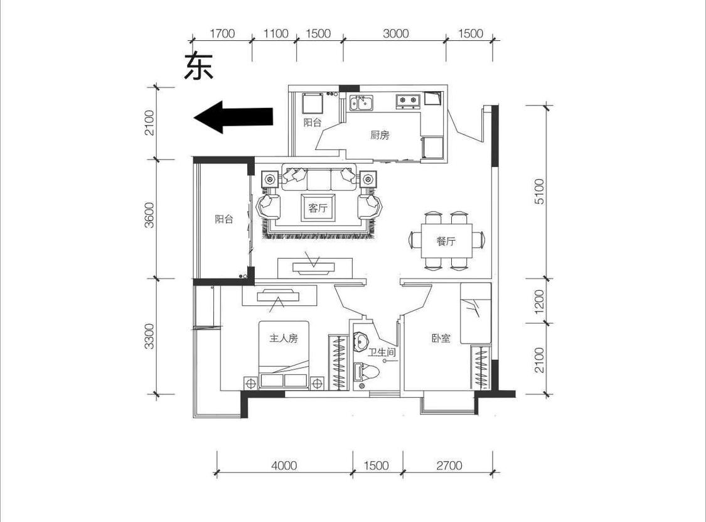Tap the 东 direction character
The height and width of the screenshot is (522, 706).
[198, 66]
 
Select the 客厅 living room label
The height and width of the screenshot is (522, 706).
[318, 208]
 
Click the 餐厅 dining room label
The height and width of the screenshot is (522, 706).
[446, 241]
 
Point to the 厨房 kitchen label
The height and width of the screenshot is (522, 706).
[380, 135]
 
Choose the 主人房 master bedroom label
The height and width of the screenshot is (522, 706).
[284, 338]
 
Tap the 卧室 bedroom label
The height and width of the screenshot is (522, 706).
[441, 338]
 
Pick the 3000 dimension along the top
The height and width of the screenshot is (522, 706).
[395, 33]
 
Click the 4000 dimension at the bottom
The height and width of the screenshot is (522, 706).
[284, 465]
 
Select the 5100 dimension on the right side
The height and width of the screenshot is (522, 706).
[539, 192]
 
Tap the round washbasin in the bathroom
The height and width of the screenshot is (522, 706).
[361, 341]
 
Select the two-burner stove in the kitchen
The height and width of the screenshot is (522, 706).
[407, 101]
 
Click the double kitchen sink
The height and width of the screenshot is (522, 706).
[361, 103]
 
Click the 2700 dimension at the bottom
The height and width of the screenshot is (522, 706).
[449, 465]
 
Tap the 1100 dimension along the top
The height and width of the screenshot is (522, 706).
[275, 33]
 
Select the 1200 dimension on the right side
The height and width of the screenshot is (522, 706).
[539, 301]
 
